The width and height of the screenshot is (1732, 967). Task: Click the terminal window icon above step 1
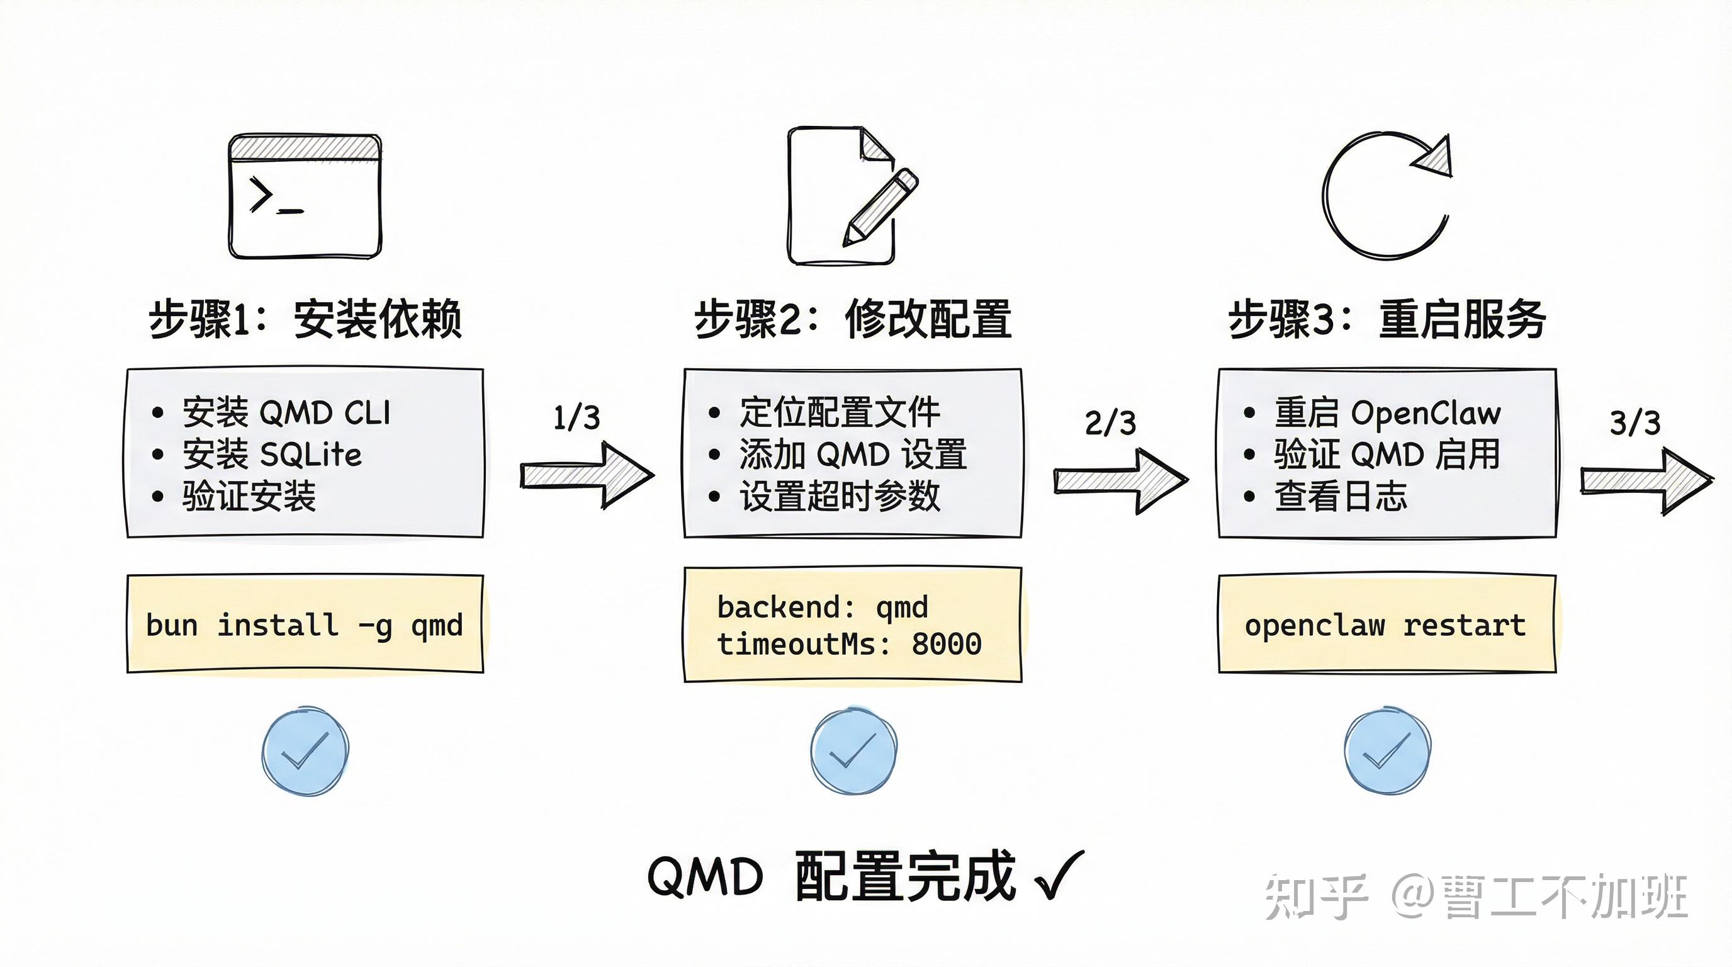pos(305,196)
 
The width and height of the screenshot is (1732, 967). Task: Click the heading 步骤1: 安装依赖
pos(305,319)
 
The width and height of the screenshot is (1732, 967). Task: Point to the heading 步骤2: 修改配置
pos(853,319)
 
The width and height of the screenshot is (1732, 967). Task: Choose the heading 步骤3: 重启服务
pos(1387,319)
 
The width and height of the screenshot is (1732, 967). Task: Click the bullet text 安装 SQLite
pos(273,455)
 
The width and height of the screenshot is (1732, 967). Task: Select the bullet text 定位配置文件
pos(840,412)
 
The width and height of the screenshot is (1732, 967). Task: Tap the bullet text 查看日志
pos(1341,496)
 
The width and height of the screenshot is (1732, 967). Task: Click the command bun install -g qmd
pos(305,626)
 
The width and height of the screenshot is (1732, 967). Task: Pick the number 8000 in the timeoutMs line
pos(947,644)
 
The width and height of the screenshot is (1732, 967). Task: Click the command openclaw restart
pos(1385,626)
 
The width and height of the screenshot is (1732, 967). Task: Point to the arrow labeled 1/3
pos(588,475)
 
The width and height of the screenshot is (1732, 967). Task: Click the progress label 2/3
pos(1111,423)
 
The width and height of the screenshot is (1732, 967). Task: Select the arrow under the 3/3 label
pos(1646,482)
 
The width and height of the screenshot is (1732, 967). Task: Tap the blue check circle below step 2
pos(853,751)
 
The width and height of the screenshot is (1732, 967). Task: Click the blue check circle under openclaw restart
pos(1387,751)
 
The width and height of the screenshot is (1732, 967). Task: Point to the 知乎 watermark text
pos(1317,896)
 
